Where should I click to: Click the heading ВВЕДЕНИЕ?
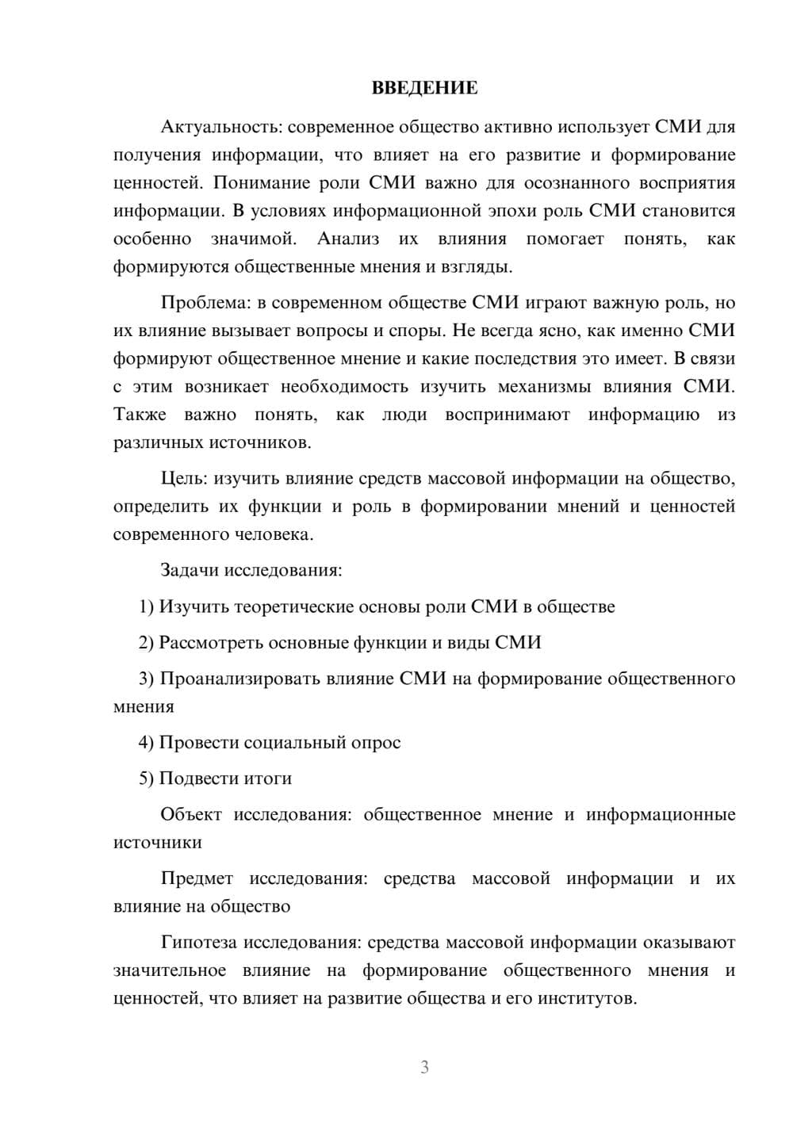(424, 88)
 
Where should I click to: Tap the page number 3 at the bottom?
(424, 1067)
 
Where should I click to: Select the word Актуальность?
(209, 127)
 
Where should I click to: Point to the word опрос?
(376, 743)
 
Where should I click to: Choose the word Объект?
(190, 815)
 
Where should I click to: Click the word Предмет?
(197, 878)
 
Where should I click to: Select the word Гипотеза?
(199, 943)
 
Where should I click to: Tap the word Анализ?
(348, 239)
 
